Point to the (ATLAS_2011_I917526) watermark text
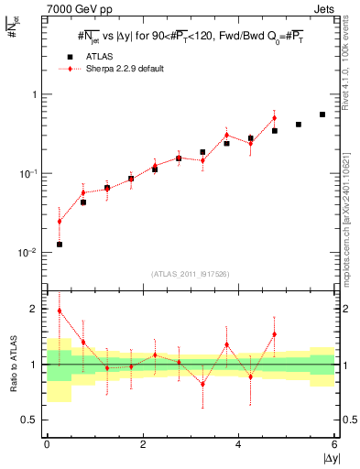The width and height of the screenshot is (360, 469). click(x=191, y=273)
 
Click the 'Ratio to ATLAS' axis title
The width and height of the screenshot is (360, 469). click(x=13, y=365)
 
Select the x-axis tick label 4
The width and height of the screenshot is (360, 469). click(x=239, y=444)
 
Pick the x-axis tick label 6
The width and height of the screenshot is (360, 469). click(x=335, y=444)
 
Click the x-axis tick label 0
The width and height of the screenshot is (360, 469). click(x=47, y=444)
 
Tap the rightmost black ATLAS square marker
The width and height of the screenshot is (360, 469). click(x=322, y=115)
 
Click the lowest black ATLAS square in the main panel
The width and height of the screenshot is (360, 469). click(x=59, y=245)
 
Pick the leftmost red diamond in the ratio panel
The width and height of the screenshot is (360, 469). click(x=59, y=311)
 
